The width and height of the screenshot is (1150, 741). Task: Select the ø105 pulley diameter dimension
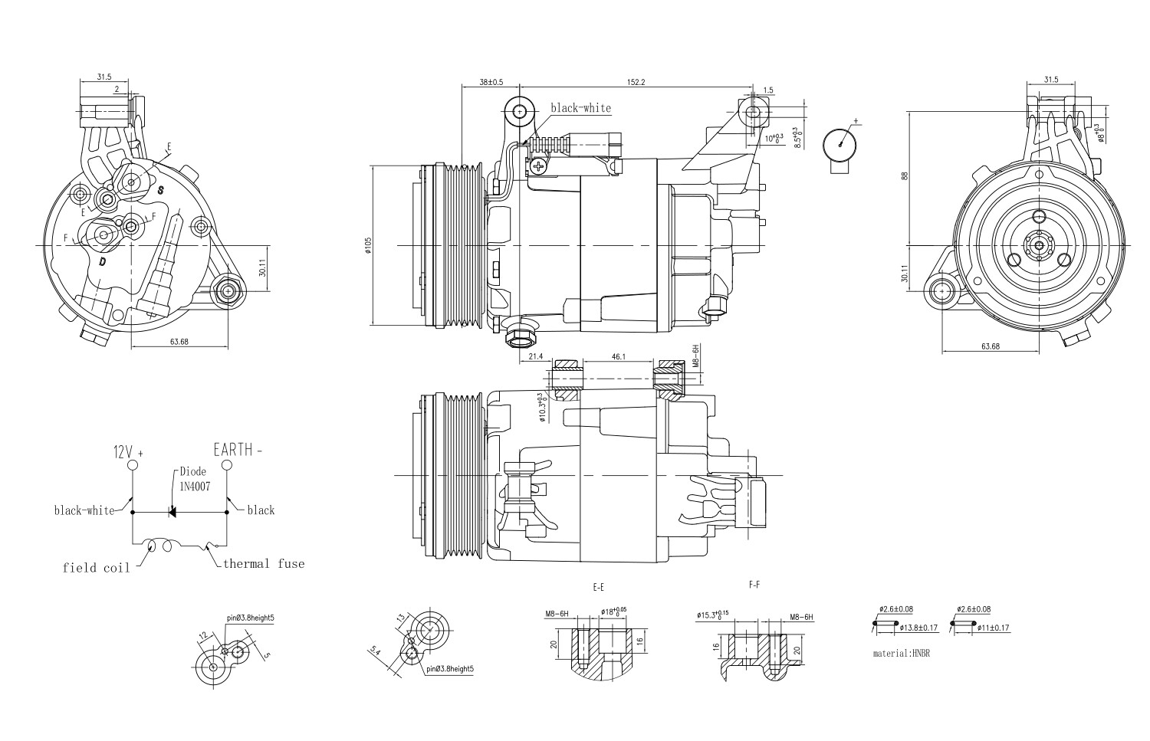(369, 245)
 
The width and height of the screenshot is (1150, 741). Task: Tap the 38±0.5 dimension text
(491, 81)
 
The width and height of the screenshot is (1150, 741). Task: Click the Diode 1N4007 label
(194, 479)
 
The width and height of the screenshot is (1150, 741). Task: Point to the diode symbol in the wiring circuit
(173, 511)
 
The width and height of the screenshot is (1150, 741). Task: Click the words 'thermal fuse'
(264, 564)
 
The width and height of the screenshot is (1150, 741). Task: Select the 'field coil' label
(90, 568)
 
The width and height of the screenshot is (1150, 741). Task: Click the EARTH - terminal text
(238, 450)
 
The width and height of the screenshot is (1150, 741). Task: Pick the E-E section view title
(598, 587)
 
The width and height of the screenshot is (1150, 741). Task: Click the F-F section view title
(754, 585)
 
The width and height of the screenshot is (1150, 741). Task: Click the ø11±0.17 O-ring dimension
(994, 628)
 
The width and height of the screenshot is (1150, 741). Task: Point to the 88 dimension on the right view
(905, 175)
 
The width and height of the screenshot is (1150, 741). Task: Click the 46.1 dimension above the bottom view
(619, 357)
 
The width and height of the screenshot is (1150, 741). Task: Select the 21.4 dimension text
(535, 357)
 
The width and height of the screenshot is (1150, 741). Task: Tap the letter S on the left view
(161, 189)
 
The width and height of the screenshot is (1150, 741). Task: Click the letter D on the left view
(102, 262)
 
